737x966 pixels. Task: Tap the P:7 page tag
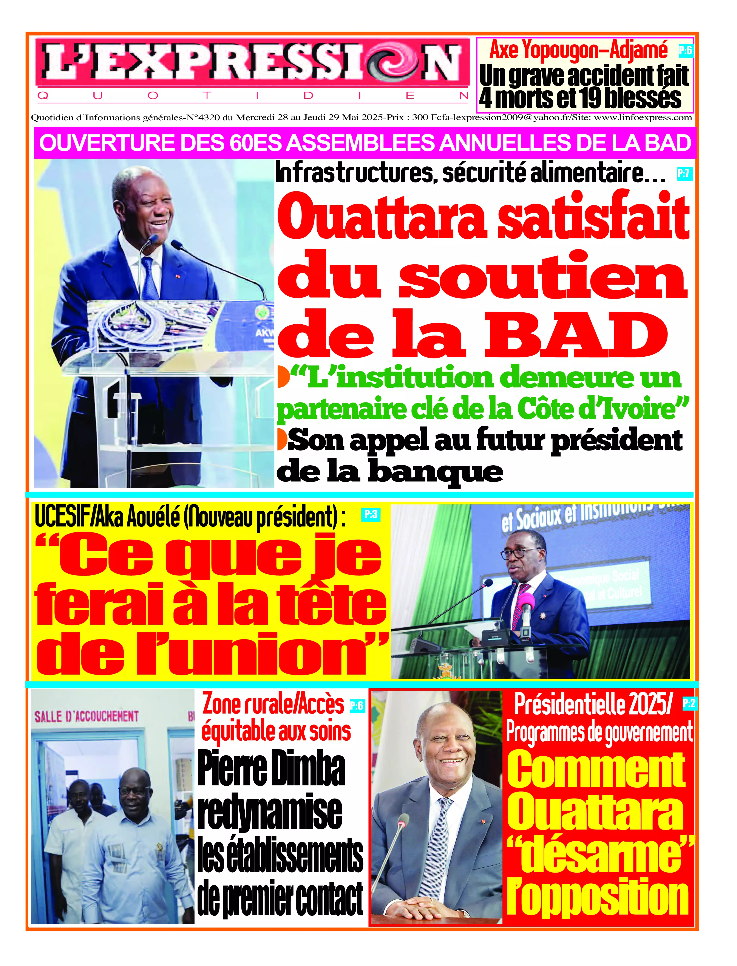(x=683, y=174)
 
